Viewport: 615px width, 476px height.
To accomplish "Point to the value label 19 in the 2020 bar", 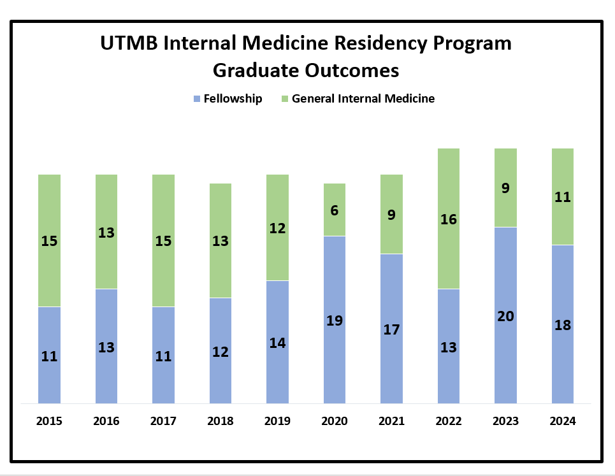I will click(x=335, y=321).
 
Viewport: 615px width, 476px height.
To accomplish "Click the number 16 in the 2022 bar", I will click(x=449, y=219).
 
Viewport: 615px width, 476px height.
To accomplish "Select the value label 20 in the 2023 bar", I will click(x=505, y=316).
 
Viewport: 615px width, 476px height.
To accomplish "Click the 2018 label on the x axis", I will click(x=221, y=421).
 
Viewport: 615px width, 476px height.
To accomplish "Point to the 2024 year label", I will click(x=563, y=421).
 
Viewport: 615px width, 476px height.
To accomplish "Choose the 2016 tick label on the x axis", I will click(x=106, y=421).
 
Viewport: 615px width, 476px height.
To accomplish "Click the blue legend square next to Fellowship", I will click(x=197, y=99).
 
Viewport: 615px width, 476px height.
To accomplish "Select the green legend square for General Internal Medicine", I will click(x=285, y=99).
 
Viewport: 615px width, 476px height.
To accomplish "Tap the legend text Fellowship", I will click(x=233, y=99).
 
